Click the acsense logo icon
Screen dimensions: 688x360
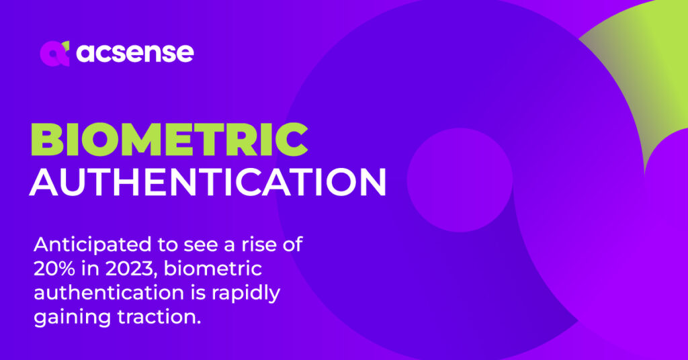click(x=55, y=54)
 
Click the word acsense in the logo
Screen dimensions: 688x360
click(x=134, y=52)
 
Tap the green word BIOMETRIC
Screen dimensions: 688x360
click(x=169, y=140)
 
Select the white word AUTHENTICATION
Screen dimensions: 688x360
click(x=208, y=181)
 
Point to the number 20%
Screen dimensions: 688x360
click(x=54, y=269)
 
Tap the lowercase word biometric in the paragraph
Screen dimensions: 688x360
click(x=213, y=269)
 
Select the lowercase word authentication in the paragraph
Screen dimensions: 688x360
click(x=109, y=293)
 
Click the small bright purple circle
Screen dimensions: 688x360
click(x=460, y=180)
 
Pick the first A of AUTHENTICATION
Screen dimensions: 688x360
click(x=44, y=181)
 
